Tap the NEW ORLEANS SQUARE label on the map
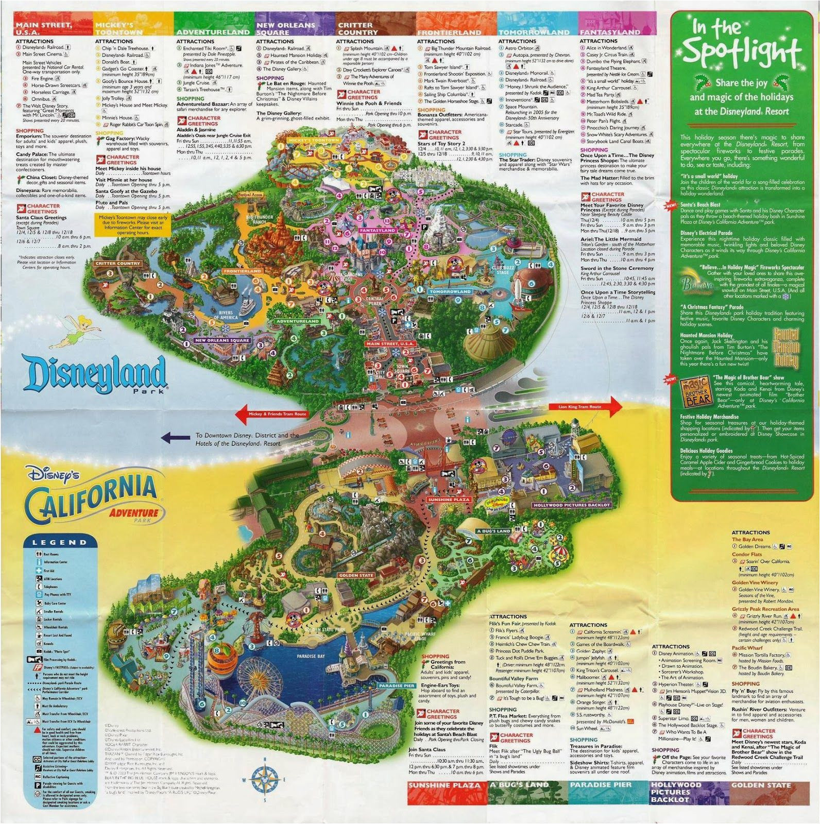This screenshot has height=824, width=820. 222,340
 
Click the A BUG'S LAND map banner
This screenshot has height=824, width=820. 493,531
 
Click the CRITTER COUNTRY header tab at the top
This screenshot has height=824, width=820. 355,28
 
